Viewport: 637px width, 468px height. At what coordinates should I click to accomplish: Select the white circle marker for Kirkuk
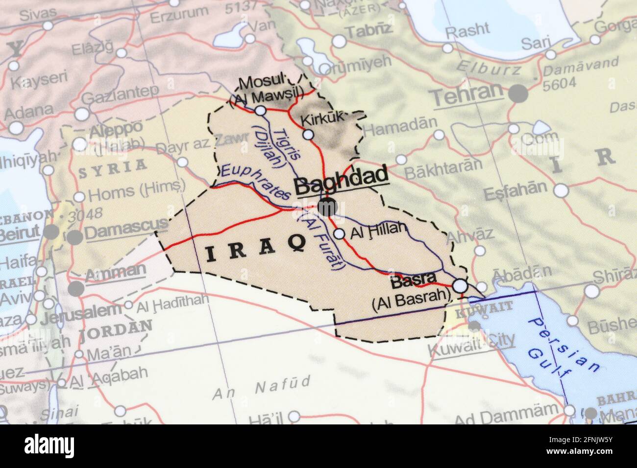tap(308, 135)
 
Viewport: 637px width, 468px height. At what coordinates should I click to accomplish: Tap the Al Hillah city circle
tap(339, 234)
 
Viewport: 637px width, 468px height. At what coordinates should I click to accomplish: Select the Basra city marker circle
tap(460, 285)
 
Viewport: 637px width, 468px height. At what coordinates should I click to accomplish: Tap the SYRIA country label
tap(112, 165)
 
